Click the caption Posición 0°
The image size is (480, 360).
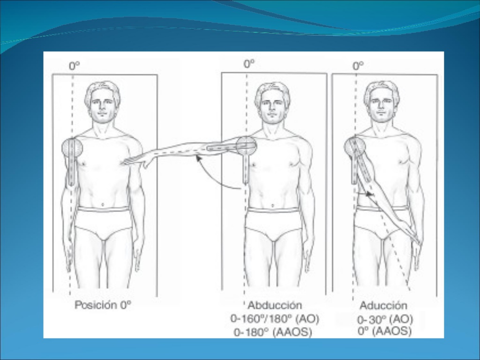coord(103,305)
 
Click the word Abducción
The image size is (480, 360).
coord(275,305)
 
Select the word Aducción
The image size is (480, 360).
coord(383,306)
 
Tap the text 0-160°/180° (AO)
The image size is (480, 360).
coord(275,319)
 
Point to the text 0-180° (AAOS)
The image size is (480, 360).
coord(273,332)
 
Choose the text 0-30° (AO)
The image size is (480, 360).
coord(385,320)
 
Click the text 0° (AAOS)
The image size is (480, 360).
coord(384,331)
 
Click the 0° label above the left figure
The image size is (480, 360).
coord(74,66)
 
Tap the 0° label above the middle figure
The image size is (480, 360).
coord(249,64)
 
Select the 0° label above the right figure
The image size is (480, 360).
coord(358,66)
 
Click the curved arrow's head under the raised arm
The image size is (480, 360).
coord(199,158)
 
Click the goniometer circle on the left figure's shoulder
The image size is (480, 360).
coord(72,147)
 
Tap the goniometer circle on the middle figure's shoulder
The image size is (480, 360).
coord(247,145)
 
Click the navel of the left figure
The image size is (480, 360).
coord(103,204)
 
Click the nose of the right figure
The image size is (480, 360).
coord(381,109)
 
